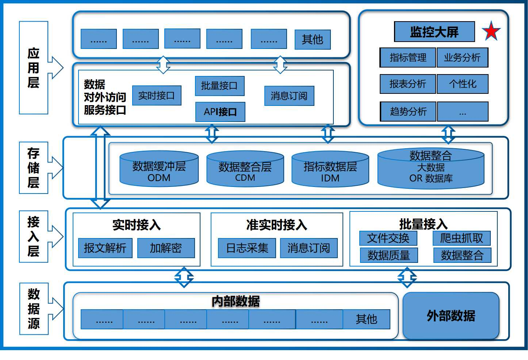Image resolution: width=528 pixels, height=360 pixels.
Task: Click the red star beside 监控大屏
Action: [x=491, y=31]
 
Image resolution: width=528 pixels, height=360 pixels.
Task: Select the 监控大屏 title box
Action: [x=434, y=32]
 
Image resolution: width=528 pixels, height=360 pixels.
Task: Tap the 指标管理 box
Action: [x=408, y=58]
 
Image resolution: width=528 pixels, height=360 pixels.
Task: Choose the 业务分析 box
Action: [x=462, y=58]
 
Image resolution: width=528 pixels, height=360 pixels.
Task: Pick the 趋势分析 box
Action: [x=408, y=112]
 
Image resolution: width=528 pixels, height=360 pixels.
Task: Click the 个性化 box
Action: [x=462, y=84]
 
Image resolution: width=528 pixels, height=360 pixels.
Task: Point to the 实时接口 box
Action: [x=157, y=96]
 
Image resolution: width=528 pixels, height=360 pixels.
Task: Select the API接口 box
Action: [x=220, y=112]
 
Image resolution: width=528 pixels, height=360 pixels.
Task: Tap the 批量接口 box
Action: [x=219, y=86]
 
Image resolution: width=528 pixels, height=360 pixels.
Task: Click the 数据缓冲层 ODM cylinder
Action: [x=159, y=170]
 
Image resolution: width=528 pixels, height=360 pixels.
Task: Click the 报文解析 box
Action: [x=105, y=248]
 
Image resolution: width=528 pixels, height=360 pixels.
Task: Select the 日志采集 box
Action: [x=247, y=248]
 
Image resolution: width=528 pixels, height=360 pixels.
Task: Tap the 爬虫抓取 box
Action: [x=462, y=238]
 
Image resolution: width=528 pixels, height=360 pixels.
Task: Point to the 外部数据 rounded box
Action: [x=451, y=316]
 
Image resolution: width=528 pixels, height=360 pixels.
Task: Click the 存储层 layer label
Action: [x=33, y=168]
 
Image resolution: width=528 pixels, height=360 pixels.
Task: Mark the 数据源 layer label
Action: [x=34, y=309]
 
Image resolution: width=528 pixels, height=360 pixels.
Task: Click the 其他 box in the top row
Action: [x=313, y=39]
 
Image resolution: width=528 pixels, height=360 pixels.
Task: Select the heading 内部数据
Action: [x=236, y=302]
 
